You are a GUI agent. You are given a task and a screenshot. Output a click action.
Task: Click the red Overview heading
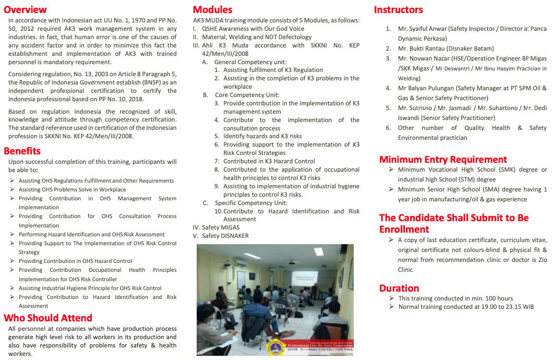click(25, 9)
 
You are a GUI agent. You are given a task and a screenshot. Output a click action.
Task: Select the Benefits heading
click(22, 151)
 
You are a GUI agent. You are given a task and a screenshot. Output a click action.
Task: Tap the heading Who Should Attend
click(48, 318)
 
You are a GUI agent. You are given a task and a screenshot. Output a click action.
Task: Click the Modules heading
click(212, 9)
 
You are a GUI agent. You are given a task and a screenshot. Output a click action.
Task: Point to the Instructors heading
click(399, 9)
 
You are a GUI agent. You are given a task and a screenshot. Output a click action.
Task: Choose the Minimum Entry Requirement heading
click(443, 159)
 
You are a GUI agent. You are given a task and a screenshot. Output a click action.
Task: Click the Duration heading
click(399, 288)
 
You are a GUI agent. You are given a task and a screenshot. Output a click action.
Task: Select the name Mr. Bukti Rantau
click(419, 49)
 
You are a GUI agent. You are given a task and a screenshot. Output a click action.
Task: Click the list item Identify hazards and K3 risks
click(262, 136)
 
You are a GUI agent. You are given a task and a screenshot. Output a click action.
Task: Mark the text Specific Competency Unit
click(251, 203)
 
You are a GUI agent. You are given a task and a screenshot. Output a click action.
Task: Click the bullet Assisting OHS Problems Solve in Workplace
click(72, 189)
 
